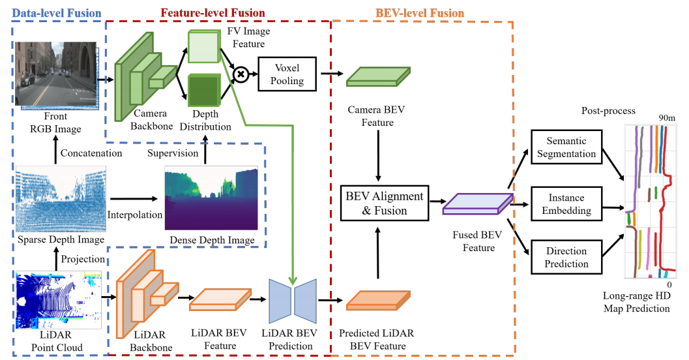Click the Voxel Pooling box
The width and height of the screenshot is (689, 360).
[287, 74]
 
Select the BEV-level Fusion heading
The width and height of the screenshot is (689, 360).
[420, 12]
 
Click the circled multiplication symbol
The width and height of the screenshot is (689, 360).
[241, 74]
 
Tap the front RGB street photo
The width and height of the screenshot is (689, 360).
[55, 73]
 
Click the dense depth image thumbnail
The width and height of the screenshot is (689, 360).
[211, 198]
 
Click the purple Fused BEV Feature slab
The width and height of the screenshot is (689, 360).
[475, 204]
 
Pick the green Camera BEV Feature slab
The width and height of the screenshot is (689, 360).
[377, 76]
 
